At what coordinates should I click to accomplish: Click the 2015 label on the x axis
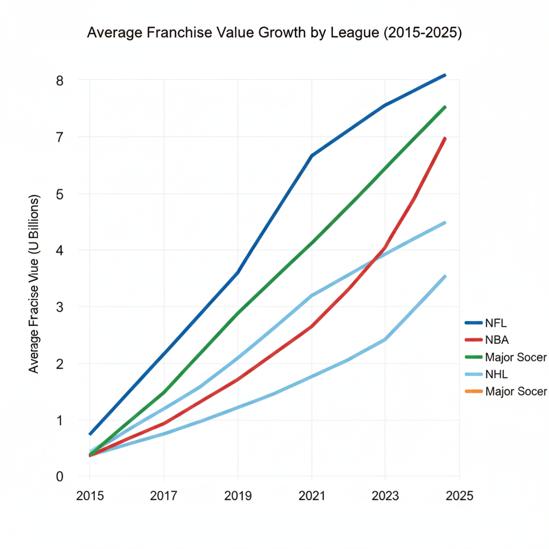click(x=90, y=496)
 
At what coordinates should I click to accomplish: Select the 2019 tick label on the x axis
click(x=238, y=496)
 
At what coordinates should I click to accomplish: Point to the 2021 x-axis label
click(x=311, y=496)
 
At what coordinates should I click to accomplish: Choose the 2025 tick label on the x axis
click(x=459, y=496)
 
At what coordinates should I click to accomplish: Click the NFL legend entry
click(x=495, y=323)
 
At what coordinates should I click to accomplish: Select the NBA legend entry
click(x=496, y=340)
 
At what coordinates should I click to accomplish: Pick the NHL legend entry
click(x=496, y=374)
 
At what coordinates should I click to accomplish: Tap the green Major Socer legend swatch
click(x=473, y=357)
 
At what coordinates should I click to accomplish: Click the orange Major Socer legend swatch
click(x=473, y=391)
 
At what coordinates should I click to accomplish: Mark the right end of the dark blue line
click(x=445, y=75)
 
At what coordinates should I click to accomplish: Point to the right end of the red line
click(x=445, y=138)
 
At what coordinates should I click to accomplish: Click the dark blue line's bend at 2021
click(x=311, y=155)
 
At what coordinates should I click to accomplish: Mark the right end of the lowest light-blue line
click(x=445, y=276)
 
